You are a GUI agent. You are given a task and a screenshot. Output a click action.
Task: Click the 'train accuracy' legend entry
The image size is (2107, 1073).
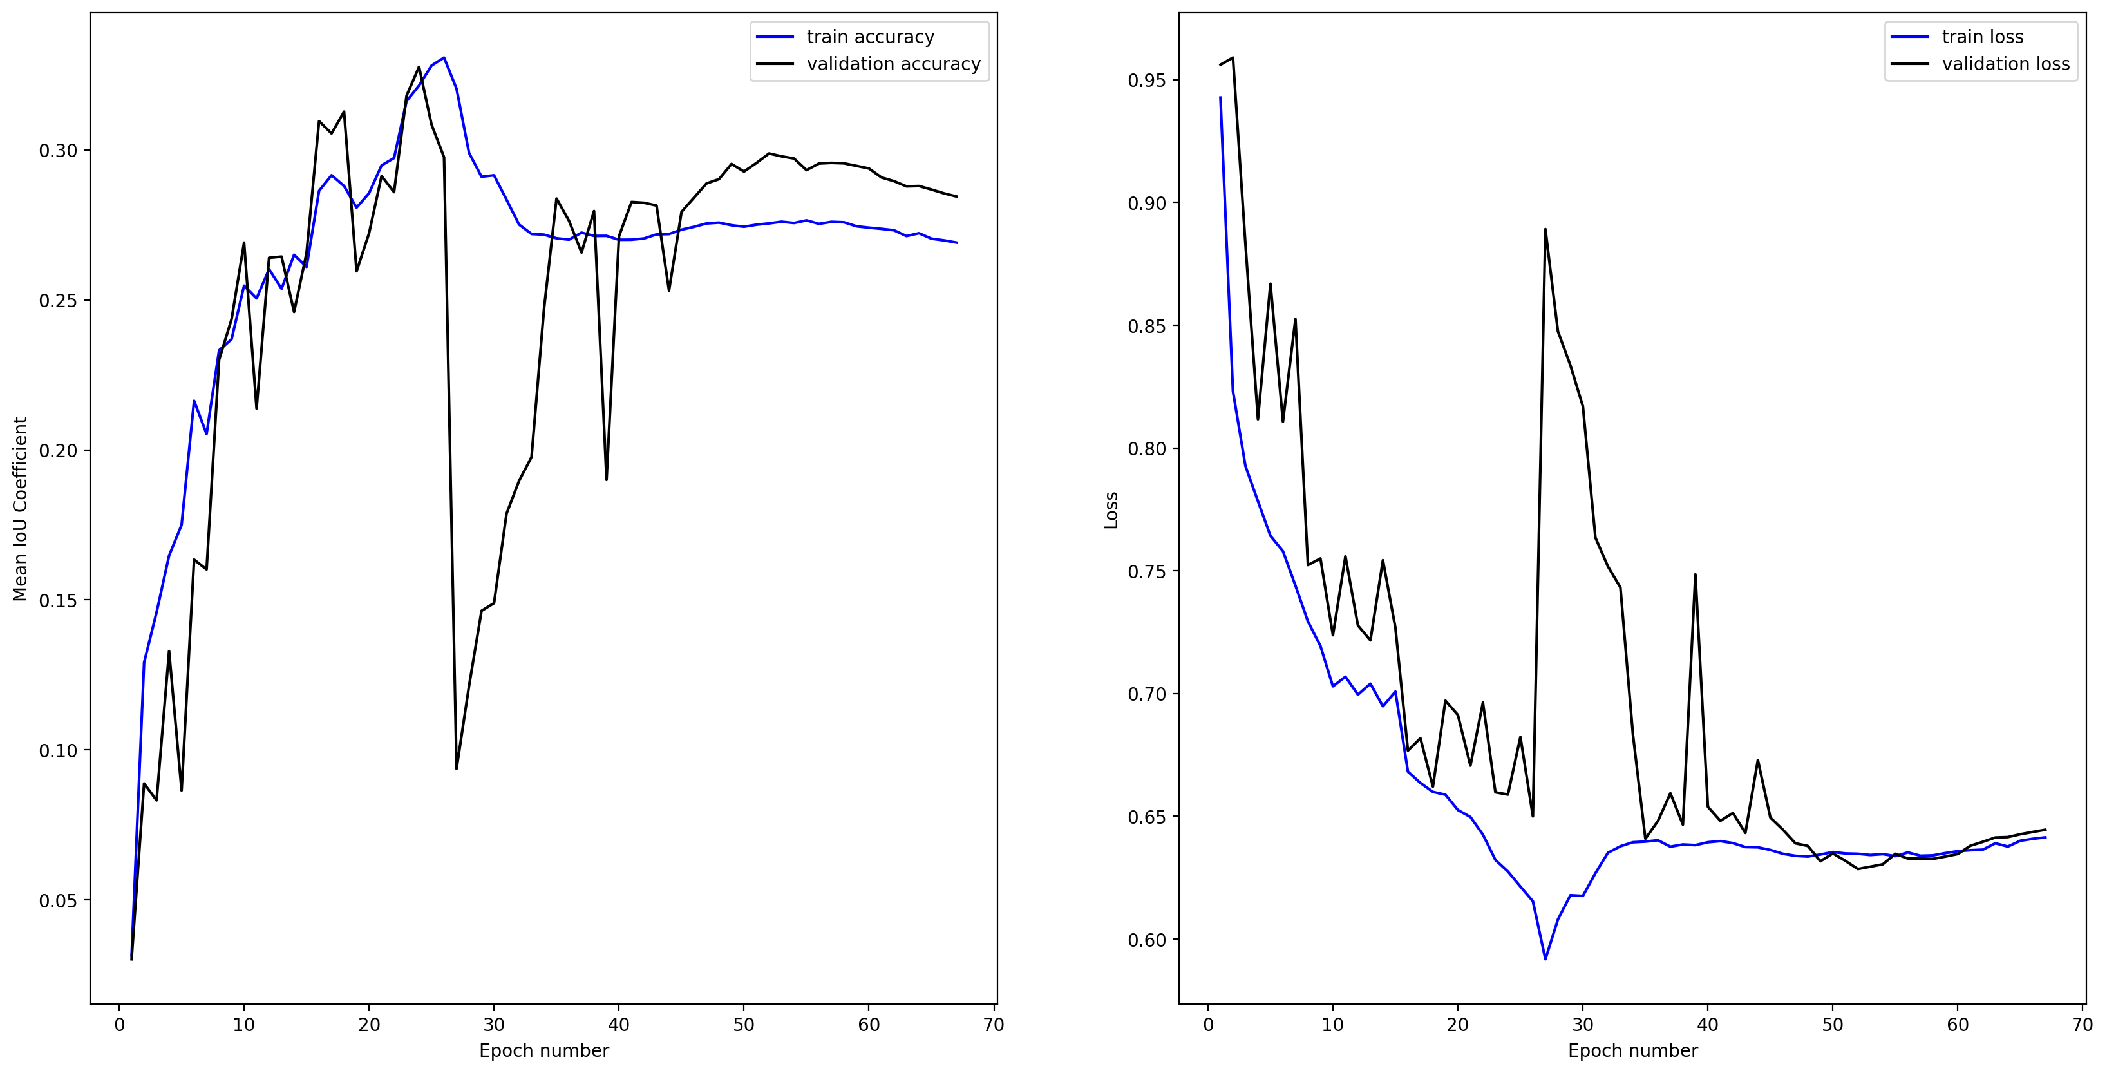click(x=869, y=37)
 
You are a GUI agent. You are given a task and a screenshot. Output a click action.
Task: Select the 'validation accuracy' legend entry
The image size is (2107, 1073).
click(x=893, y=64)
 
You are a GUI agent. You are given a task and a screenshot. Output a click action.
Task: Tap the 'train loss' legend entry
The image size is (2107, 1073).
click(x=1982, y=37)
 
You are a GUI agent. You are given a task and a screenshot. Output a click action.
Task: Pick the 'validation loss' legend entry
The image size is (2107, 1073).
click(x=2005, y=64)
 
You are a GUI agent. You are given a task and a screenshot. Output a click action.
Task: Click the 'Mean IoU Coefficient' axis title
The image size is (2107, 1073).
click(x=21, y=509)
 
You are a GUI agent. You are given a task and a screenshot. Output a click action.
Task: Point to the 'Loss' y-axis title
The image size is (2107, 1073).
click(x=1111, y=510)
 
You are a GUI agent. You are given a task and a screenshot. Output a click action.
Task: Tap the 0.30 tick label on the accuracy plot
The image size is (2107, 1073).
click(x=58, y=151)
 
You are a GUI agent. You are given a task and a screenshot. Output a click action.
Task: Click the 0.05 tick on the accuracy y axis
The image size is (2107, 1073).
click(x=58, y=900)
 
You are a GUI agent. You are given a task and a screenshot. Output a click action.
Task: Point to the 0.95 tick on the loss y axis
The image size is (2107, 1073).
click(x=1148, y=80)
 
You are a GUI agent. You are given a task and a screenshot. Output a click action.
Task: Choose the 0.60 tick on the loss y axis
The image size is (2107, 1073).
click(x=1148, y=940)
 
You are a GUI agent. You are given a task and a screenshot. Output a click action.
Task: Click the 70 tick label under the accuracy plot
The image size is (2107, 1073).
click(x=994, y=1025)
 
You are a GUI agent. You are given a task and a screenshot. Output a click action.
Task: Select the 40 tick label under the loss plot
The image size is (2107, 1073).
click(x=1708, y=1025)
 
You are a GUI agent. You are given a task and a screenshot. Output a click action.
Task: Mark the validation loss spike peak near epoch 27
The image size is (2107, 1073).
click(x=1545, y=229)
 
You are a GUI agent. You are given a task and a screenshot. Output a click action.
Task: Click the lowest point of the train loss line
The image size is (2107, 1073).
click(x=1545, y=958)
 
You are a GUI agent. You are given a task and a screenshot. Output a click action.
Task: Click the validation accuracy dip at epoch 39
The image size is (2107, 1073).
click(x=606, y=480)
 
